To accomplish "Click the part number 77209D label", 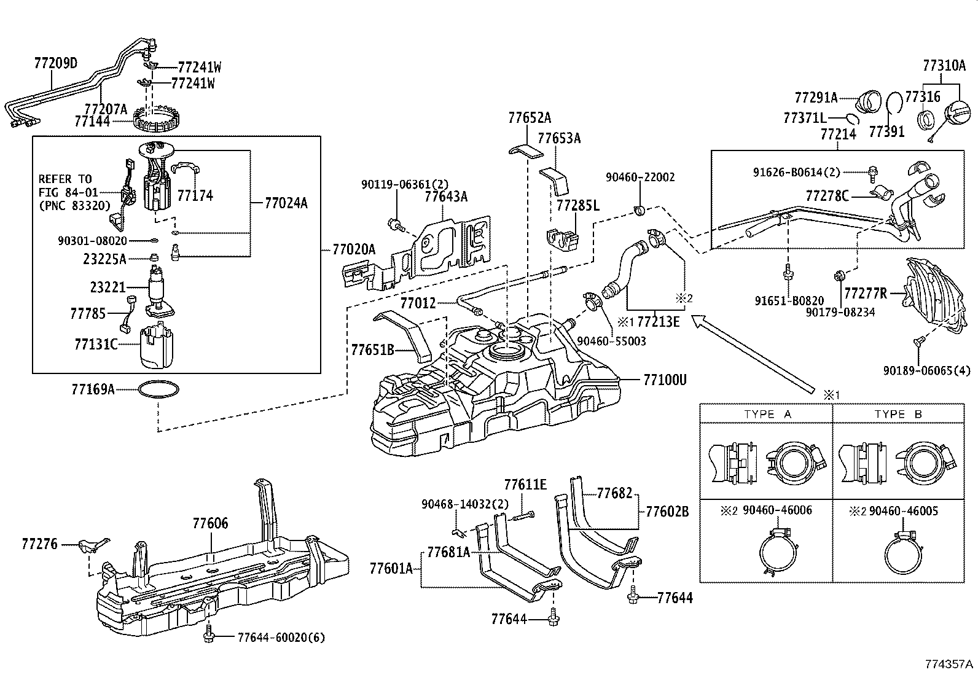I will (x=55, y=63).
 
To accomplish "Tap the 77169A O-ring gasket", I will (x=159, y=391).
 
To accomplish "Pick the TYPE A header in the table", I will (x=767, y=414).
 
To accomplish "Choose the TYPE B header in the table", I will (x=898, y=414).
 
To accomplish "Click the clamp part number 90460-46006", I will (x=777, y=510).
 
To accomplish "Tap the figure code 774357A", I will (x=950, y=665).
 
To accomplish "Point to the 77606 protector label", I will (x=210, y=523).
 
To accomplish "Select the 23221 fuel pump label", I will (x=108, y=287).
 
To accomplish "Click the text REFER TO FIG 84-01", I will (x=68, y=185).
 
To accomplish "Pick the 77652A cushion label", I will (x=530, y=118).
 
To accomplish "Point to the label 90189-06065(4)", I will (x=927, y=370).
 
